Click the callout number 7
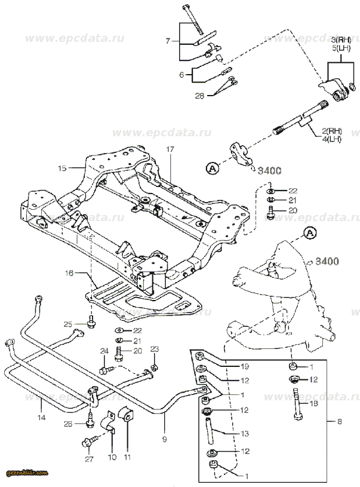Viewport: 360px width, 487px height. point(168,41)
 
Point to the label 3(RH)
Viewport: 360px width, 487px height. point(341,38)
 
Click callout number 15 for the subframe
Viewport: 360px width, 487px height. point(62,169)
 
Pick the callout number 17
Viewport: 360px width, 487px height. point(170,148)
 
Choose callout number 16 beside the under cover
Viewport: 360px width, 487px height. point(69,273)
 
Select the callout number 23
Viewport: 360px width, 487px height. point(154,348)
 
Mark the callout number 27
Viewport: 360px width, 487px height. point(90,459)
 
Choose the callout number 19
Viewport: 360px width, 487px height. point(244,366)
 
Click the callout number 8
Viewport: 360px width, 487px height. point(339,422)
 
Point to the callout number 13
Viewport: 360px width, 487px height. point(244,433)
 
